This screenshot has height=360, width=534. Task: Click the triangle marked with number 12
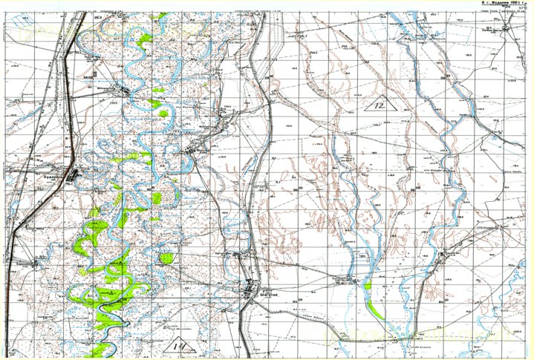tap(381, 105)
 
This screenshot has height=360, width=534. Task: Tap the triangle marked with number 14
tap(179, 344)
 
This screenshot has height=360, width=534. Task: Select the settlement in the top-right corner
tap(506, 28)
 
